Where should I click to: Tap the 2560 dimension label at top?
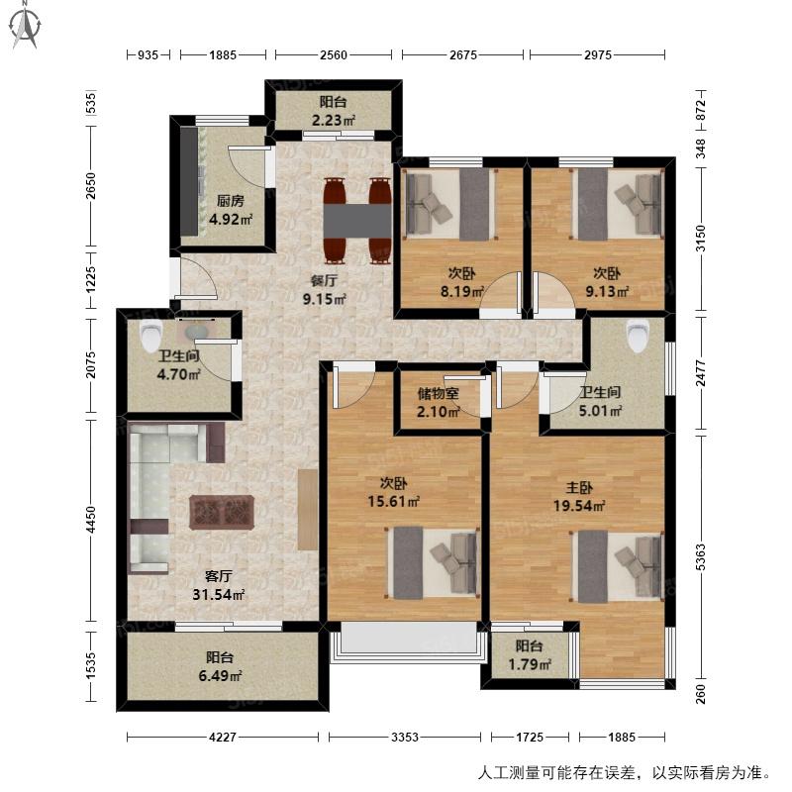(x=334, y=55)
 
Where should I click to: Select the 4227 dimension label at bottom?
(x=222, y=737)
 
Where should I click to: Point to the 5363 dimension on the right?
(x=700, y=557)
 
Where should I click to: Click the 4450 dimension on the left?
(x=90, y=519)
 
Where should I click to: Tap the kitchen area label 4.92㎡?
(x=231, y=220)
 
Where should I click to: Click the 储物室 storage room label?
(x=438, y=393)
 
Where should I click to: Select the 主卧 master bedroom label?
(x=579, y=488)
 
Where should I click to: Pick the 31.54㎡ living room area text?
(x=218, y=595)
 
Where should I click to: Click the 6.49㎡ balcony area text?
(x=220, y=676)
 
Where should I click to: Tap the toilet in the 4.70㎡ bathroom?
(x=150, y=335)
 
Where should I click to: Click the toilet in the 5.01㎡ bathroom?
(x=638, y=336)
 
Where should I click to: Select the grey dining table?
(x=357, y=220)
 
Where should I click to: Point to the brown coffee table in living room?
(x=221, y=513)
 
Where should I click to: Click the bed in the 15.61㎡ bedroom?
(x=433, y=562)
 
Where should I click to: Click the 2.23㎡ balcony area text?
(x=334, y=120)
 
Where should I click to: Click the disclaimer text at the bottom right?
(x=625, y=773)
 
